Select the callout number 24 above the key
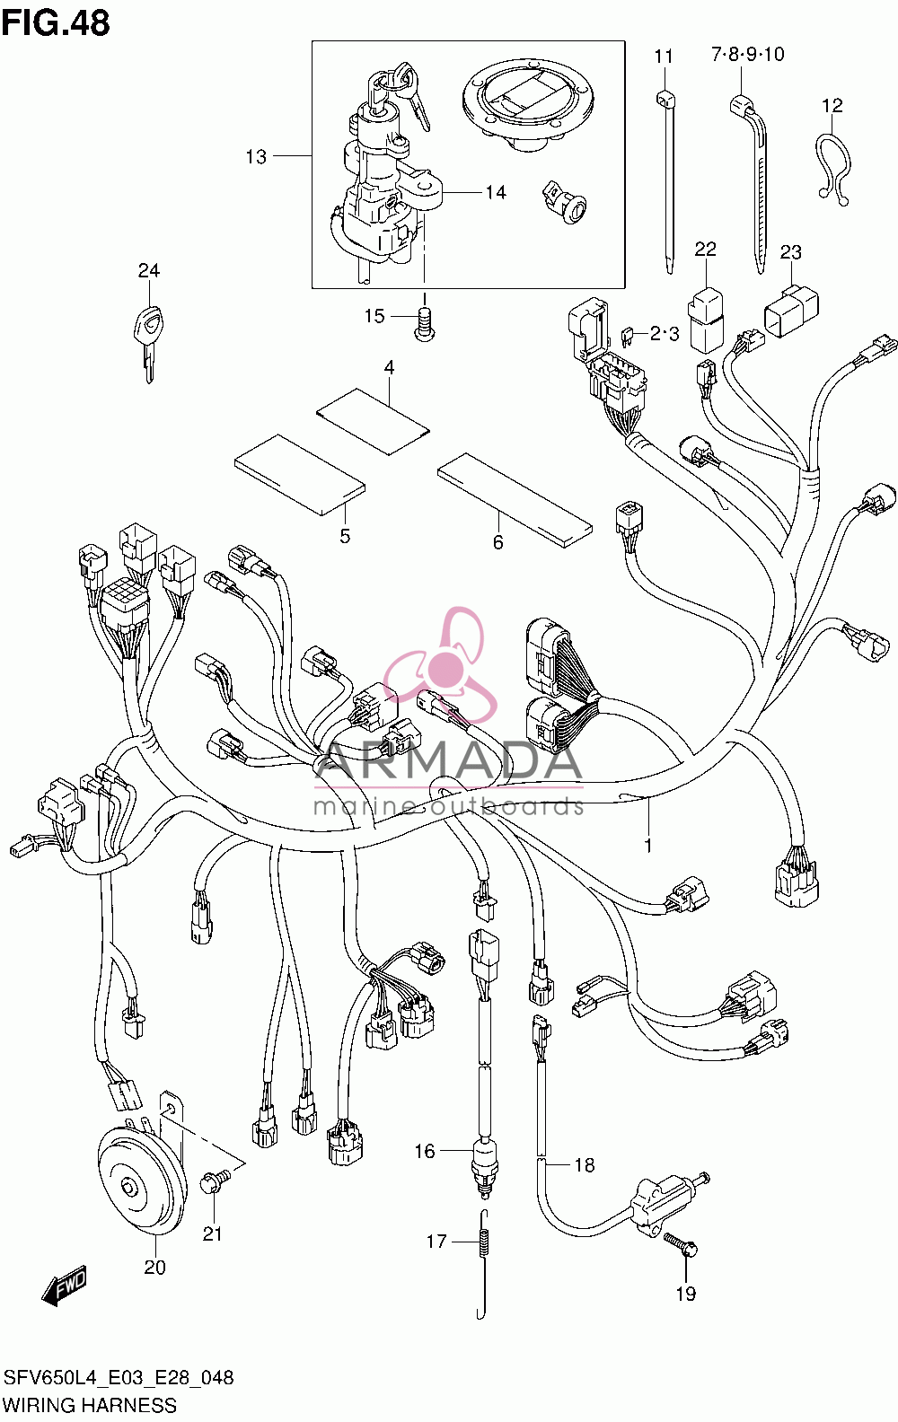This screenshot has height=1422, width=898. click(x=148, y=270)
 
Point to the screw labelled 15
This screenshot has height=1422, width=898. click(x=424, y=324)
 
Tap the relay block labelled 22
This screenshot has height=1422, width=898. click(x=706, y=320)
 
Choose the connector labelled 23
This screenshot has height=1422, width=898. click(x=791, y=310)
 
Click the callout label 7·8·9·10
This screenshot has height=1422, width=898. click(x=747, y=55)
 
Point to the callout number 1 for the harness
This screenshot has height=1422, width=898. click(x=647, y=846)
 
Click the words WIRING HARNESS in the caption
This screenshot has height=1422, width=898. click(x=90, y=1405)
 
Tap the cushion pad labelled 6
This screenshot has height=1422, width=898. click(x=515, y=500)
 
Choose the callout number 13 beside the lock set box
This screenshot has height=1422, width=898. click(x=256, y=156)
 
